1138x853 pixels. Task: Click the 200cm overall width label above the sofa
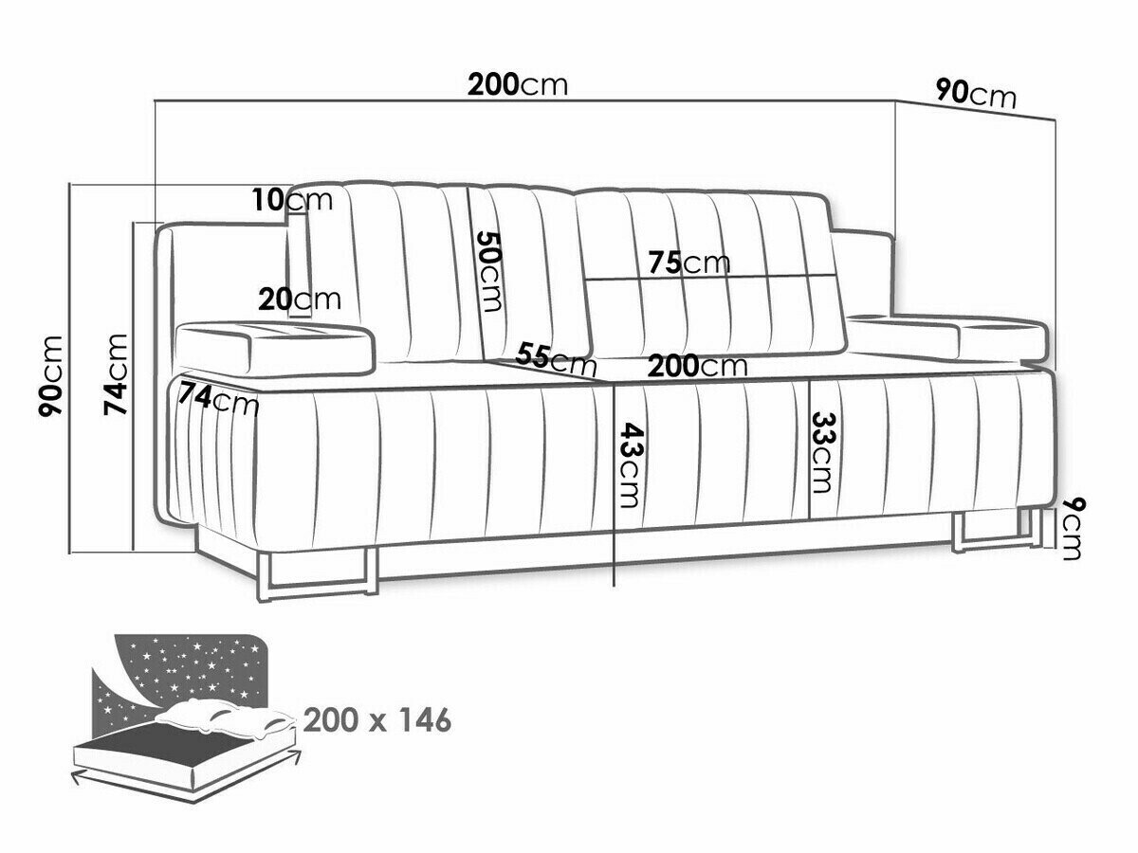pyautogui.click(x=518, y=85)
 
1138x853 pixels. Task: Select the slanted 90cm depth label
pyautogui.click(x=976, y=97)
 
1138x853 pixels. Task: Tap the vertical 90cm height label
pyautogui.click(x=51, y=376)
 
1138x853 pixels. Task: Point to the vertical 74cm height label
pyautogui.click(x=116, y=374)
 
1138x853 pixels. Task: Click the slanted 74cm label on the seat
pyautogui.click(x=219, y=399)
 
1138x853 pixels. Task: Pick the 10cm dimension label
pyautogui.click(x=292, y=200)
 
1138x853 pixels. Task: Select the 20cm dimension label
pyautogui.click(x=300, y=299)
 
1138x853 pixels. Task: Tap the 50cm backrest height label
pyautogui.click(x=489, y=271)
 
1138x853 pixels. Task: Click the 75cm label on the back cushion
pyautogui.click(x=689, y=263)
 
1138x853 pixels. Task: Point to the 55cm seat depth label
pyautogui.click(x=557, y=359)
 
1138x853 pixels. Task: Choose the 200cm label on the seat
pyautogui.click(x=697, y=367)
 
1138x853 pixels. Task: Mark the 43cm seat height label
pyautogui.click(x=630, y=465)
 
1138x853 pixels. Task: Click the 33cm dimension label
pyautogui.click(x=823, y=452)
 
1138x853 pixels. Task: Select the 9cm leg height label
pyautogui.click(x=1071, y=529)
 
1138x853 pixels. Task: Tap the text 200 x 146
pyautogui.click(x=376, y=720)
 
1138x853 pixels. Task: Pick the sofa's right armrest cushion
pyautogui.click(x=946, y=337)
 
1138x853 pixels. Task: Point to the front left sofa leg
pyautogui.click(x=319, y=576)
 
